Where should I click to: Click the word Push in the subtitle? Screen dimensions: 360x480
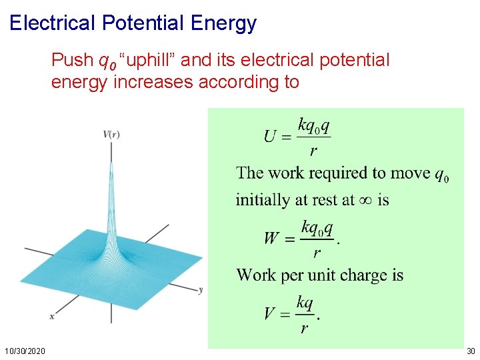point(73,61)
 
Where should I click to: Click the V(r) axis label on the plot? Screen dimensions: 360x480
point(111,134)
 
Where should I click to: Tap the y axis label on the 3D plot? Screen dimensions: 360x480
point(201,289)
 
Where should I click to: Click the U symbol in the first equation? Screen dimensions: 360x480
point(271,137)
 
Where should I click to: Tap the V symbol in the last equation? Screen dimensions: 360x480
point(270,313)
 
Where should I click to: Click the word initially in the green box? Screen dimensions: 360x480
point(261,199)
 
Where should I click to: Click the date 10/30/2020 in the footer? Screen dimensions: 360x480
point(25,351)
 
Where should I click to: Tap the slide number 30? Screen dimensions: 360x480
point(471,351)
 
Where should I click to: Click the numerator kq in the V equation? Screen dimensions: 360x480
point(305,303)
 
